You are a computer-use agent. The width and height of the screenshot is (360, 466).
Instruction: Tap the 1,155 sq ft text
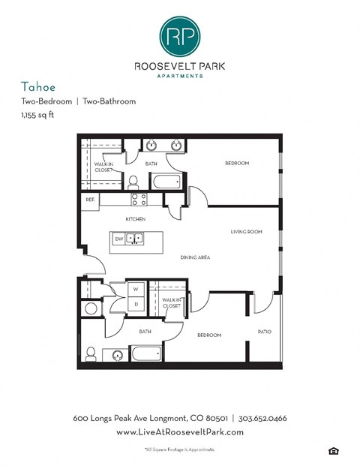pos(37,114)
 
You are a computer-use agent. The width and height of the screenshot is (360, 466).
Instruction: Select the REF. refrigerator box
pos(90,200)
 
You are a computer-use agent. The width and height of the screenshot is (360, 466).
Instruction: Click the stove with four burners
pos(139,200)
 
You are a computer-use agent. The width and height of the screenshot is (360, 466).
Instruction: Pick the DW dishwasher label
pos(118,239)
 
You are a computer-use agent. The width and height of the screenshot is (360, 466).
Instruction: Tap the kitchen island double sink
pos(135,239)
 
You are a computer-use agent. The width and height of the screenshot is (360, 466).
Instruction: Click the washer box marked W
pos(136,288)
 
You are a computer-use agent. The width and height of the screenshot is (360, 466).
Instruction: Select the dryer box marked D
pos(136,303)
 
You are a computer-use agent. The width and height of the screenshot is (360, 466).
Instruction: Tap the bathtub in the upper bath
pos(165,182)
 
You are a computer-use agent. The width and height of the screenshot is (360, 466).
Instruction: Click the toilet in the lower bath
pos(90,353)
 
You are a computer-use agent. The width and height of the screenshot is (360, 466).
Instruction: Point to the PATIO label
pos(264,332)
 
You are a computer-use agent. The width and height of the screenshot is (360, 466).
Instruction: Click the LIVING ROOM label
pos(246,232)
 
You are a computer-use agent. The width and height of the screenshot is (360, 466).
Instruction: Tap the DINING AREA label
pos(195,257)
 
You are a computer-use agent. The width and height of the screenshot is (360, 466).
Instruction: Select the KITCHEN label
pos(135,219)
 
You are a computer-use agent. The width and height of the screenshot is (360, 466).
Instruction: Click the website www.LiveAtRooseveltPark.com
pos(180,432)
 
